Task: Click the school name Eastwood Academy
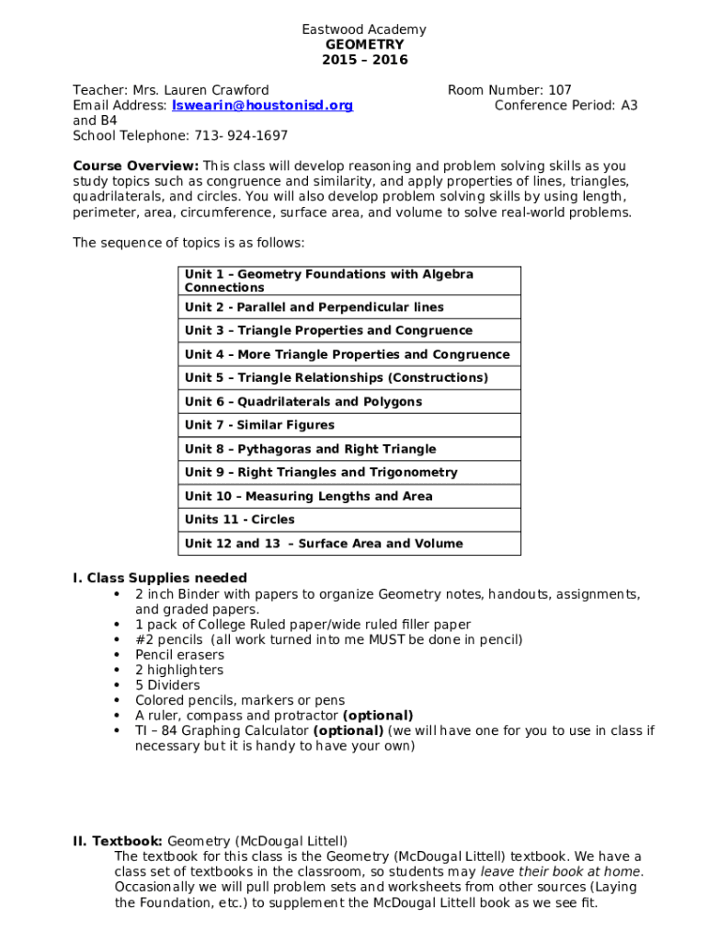click(x=364, y=29)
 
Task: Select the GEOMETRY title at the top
click(x=364, y=45)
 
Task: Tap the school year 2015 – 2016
click(x=364, y=60)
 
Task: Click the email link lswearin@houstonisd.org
click(x=262, y=106)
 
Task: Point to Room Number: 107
click(x=509, y=90)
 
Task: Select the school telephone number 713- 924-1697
click(x=241, y=135)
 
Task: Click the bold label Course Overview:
click(x=135, y=166)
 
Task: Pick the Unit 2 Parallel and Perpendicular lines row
click(x=314, y=307)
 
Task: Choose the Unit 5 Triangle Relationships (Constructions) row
click(x=336, y=378)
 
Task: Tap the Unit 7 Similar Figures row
click(x=259, y=425)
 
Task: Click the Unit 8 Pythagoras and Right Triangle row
click(x=310, y=449)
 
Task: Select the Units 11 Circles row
click(x=239, y=520)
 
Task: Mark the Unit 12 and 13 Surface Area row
click(x=324, y=544)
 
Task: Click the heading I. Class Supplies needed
click(x=160, y=578)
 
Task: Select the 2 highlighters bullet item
click(x=178, y=670)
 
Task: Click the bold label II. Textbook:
click(x=118, y=841)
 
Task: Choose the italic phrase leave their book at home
click(x=562, y=871)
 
